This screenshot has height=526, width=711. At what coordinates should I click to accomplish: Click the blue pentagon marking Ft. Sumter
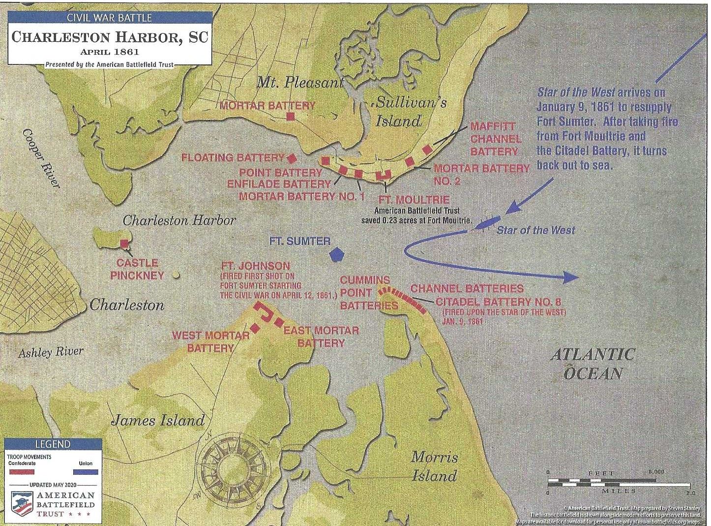(x=336, y=254)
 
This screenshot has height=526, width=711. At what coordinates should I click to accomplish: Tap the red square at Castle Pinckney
(x=124, y=243)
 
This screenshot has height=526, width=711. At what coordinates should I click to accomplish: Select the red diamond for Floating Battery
(x=292, y=158)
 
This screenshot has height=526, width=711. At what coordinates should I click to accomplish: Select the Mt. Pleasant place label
(x=300, y=83)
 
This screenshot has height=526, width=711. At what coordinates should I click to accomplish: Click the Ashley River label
(x=51, y=352)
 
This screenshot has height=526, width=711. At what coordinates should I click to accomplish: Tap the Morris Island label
(x=434, y=466)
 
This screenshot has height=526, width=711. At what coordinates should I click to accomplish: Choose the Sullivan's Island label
(x=404, y=111)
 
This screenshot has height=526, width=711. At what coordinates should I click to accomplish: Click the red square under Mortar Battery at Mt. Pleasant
(x=290, y=117)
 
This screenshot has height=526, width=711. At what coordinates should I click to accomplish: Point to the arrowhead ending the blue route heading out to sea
(x=570, y=278)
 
